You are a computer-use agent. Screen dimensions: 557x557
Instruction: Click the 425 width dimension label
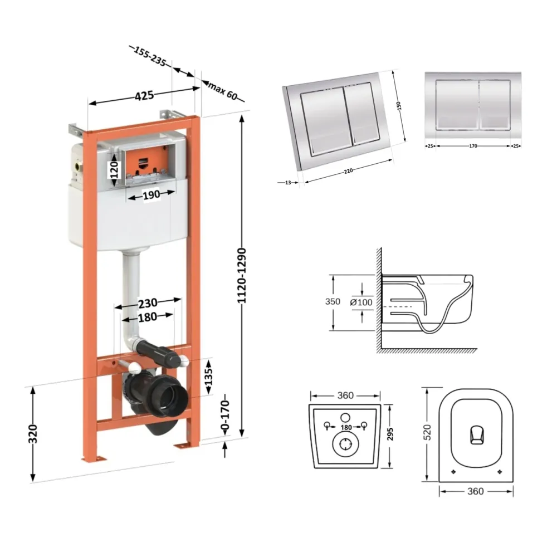pyautogui.click(x=144, y=96)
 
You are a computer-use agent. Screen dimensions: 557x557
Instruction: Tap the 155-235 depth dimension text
pyautogui.click(x=149, y=56)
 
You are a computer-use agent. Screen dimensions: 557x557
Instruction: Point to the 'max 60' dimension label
pyautogui.click(x=223, y=91)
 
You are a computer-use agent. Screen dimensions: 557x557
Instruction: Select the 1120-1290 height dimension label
pyautogui.click(x=242, y=276)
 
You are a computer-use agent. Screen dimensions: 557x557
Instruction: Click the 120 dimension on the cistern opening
pyautogui.click(x=114, y=170)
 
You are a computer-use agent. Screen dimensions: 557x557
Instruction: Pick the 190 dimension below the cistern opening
pyautogui.click(x=151, y=195)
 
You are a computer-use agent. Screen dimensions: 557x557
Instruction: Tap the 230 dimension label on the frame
pyautogui.click(x=148, y=303)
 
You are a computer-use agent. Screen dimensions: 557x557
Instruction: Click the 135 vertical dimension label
pyautogui.click(x=208, y=377)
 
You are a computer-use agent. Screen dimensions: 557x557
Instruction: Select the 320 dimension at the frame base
pyautogui.click(x=33, y=434)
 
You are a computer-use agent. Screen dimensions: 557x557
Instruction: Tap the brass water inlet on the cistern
pyautogui.click(x=78, y=165)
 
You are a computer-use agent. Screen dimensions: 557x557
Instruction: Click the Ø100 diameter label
pyautogui.click(x=361, y=302)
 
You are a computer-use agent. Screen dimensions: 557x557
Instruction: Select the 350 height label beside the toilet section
pyautogui.click(x=333, y=301)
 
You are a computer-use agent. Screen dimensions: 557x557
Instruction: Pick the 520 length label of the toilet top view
pyautogui.click(x=427, y=432)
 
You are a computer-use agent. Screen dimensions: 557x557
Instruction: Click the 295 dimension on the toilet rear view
pyautogui.click(x=390, y=434)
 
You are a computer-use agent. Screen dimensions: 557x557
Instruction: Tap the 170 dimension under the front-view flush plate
pyautogui.click(x=473, y=146)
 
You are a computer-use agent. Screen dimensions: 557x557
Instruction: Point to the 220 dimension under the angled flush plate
pyautogui.click(x=349, y=171)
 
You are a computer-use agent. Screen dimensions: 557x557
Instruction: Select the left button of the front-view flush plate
pyautogui.click(x=457, y=104)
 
